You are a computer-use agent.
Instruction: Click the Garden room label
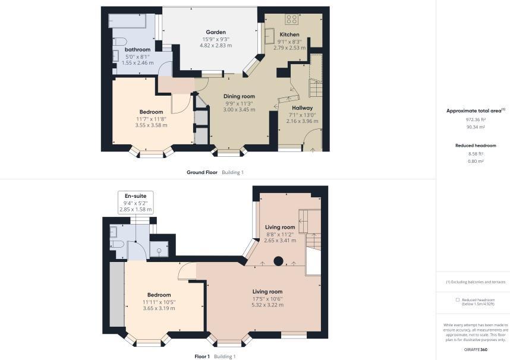point(216,32)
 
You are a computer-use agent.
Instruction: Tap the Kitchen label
point(289,34)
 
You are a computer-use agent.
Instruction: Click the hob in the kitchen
point(292,19)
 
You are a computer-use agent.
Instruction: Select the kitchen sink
point(270,36)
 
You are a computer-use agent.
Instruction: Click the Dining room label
point(239,96)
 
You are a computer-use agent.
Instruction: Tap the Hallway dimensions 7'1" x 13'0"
point(302,115)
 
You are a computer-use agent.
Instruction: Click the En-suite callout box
point(136,202)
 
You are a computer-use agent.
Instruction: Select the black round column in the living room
point(278,261)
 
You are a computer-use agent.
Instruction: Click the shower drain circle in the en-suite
point(159,251)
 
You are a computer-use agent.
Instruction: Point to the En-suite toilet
point(115,244)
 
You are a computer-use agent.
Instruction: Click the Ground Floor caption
point(202,172)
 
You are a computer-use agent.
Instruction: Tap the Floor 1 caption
point(202,356)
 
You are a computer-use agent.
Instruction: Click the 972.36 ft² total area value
point(476,119)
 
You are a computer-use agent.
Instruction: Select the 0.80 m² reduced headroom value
point(476,161)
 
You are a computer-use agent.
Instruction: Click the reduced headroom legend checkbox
point(458,300)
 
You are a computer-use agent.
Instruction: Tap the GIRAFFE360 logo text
point(476,349)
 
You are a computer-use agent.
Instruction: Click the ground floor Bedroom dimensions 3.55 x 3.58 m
point(151,125)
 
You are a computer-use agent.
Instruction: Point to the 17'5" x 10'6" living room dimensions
point(267,299)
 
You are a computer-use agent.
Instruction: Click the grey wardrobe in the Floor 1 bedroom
point(117,294)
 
